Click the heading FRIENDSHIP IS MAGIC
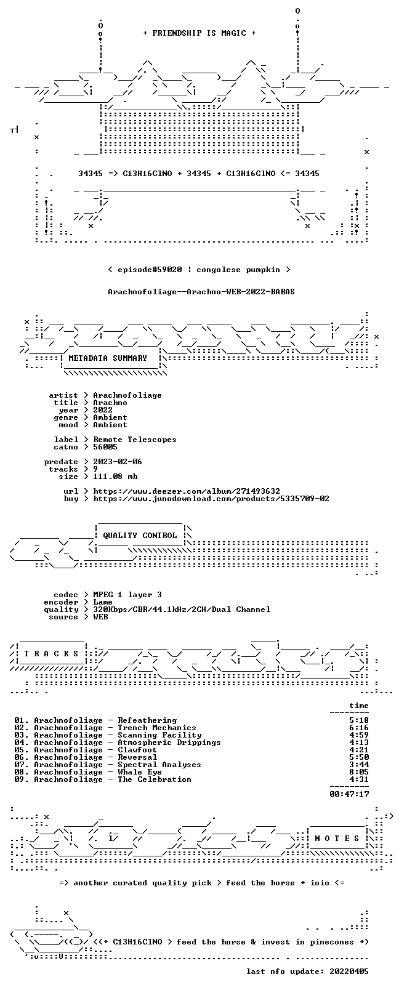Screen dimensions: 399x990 199,33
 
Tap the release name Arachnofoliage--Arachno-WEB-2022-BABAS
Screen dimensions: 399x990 201,292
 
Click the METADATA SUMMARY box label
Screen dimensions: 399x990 108,358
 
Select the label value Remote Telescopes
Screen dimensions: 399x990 135,440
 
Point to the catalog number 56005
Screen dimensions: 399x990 105,447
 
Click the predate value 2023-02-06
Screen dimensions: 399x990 118,461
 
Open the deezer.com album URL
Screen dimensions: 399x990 187,491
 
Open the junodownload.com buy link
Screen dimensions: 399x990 211,499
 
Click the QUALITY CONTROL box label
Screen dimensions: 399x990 140,536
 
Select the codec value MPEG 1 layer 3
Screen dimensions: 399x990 127,595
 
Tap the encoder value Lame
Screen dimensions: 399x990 103,602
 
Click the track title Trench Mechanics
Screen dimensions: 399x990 157,728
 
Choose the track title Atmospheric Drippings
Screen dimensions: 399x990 169,742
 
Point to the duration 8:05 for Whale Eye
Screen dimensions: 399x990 359,771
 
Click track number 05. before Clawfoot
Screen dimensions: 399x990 22,749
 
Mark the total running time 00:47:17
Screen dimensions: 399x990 349,794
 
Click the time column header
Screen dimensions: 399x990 359,706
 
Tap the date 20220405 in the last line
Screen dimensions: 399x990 349,972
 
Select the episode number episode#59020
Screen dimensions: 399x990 150,270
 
